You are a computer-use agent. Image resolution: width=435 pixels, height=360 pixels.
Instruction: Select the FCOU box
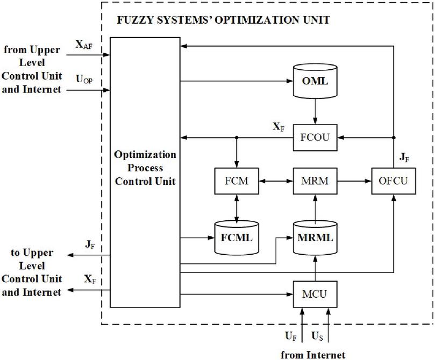coord(315,138)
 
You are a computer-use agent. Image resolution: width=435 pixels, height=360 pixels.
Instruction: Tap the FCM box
coord(236,183)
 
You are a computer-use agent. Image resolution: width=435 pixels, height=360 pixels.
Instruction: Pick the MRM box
coord(315,183)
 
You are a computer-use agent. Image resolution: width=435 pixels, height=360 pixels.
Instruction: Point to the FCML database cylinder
coord(236,236)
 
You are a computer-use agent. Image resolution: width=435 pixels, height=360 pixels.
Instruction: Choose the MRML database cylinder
coord(315,236)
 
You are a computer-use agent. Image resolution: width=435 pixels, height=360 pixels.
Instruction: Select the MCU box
coord(315,294)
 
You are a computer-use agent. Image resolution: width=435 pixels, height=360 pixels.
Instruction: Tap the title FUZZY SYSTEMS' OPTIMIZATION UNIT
coord(223,21)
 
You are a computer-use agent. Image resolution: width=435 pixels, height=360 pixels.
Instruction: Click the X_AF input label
coord(85,46)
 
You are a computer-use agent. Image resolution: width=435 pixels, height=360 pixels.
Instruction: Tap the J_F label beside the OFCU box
coord(405,157)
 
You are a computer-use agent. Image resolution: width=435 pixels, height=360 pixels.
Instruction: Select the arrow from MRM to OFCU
coord(353,183)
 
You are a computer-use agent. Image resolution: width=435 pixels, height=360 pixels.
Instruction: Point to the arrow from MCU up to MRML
coord(315,268)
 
